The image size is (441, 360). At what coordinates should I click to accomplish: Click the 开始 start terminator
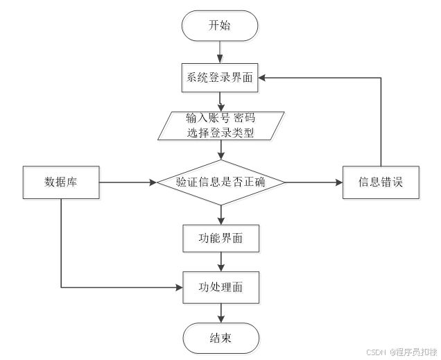[220, 27]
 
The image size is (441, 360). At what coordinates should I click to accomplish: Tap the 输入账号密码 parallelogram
[222, 126]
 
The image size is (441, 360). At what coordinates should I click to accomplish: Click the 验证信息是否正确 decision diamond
[222, 183]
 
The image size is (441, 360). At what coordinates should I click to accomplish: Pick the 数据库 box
[62, 184]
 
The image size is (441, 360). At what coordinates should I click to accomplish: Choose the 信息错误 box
[381, 184]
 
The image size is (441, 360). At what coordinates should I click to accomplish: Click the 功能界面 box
[222, 240]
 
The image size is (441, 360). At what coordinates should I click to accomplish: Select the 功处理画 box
[222, 287]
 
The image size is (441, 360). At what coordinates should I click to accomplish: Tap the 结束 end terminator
[222, 339]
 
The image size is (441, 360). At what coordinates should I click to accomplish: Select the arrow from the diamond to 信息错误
[315, 183]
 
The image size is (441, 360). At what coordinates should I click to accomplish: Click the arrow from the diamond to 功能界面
[221, 216]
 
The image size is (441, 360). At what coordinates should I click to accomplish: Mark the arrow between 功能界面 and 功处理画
[221, 263]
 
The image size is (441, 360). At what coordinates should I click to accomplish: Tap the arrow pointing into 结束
[221, 314]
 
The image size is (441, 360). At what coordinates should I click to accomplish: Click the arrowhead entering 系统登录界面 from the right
[266, 78]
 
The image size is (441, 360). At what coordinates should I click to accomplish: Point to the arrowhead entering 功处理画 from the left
[179, 287]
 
